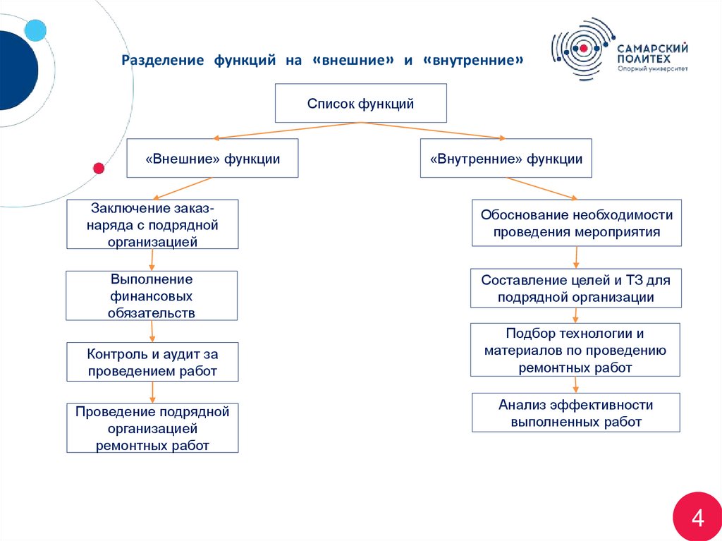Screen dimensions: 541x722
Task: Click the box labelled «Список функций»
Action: (360, 103)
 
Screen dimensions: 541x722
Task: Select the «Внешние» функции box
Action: (212, 158)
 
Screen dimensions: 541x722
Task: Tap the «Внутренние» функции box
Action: (506, 158)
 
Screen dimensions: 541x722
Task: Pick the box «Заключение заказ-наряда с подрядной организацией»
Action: (152, 224)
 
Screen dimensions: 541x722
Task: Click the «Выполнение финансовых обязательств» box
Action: (152, 296)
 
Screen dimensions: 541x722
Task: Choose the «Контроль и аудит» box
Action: (152, 362)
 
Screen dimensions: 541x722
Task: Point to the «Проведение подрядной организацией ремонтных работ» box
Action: (152, 428)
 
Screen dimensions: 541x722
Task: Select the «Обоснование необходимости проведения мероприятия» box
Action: (576, 222)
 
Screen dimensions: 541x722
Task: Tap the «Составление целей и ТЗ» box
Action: (576, 288)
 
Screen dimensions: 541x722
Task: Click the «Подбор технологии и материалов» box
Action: (575, 350)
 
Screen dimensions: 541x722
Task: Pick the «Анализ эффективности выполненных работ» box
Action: (576, 413)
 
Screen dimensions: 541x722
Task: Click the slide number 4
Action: (697, 518)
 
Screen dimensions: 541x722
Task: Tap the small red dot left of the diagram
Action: (99, 168)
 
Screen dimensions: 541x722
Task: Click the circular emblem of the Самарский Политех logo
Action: (582, 48)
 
